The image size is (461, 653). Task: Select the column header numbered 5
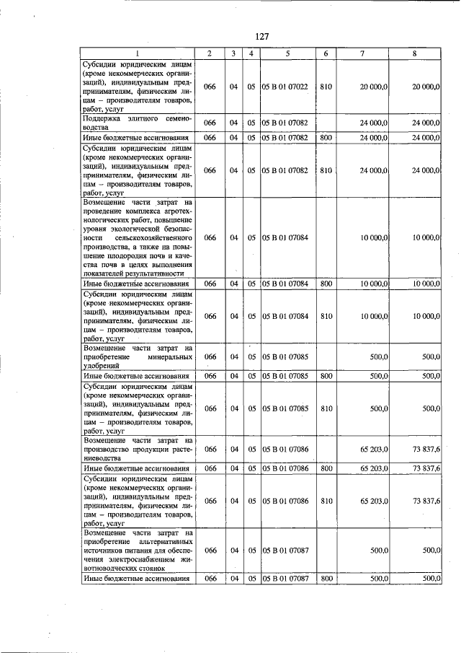(287, 54)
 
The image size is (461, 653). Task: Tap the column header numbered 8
(414, 54)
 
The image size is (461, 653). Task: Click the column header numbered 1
(137, 54)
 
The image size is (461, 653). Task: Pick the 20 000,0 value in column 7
(374, 87)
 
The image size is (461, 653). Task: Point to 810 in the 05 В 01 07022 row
(326, 87)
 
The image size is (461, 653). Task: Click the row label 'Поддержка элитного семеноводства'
(137, 122)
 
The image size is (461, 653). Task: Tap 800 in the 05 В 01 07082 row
(326, 137)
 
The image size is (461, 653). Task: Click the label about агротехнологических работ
(137, 237)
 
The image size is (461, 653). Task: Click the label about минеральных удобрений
(137, 356)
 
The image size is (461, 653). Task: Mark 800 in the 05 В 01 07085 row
(326, 376)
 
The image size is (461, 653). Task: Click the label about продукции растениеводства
(137, 449)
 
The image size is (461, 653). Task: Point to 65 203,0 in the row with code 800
(374, 468)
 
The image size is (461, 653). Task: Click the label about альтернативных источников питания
(137, 551)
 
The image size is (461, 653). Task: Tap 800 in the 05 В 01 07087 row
(326, 579)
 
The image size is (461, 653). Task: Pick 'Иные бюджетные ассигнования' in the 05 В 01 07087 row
(137, 579)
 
